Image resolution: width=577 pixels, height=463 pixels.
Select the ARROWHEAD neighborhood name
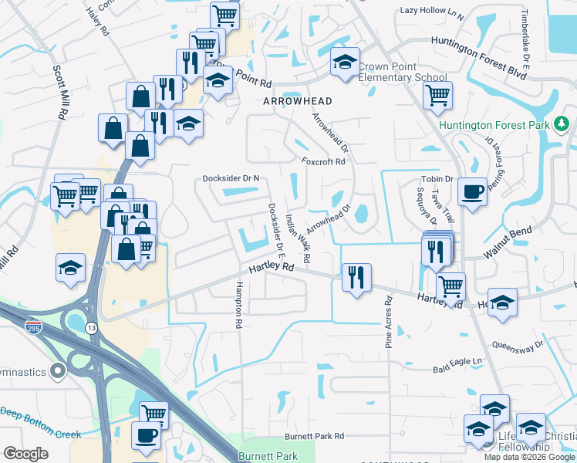point(297,101)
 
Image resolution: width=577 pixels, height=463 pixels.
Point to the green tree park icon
point(563,123)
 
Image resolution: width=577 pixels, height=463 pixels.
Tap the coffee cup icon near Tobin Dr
point(472,193)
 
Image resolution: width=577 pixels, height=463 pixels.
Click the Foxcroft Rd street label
point(323,162)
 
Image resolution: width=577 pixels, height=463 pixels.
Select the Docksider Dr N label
point(231,178)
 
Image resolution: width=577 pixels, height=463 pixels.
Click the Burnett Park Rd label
point(313,436)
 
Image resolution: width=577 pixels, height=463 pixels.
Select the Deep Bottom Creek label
point(40,434)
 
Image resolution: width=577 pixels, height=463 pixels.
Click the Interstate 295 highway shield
point(32,327)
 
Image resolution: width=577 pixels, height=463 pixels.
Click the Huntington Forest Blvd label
point(479,48)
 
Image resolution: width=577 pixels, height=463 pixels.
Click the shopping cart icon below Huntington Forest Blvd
point(437,96)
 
